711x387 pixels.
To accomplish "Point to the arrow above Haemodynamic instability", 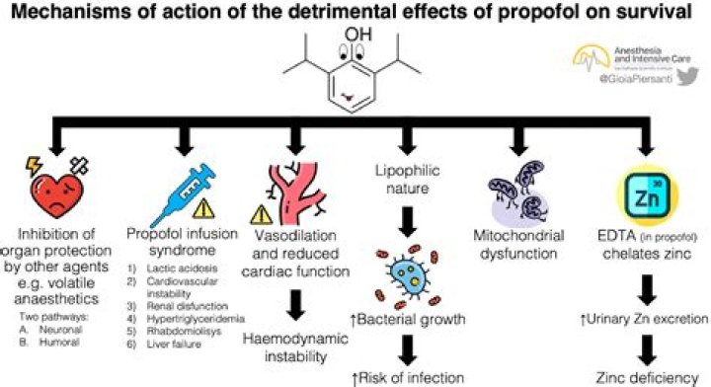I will tap(295, 298).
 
